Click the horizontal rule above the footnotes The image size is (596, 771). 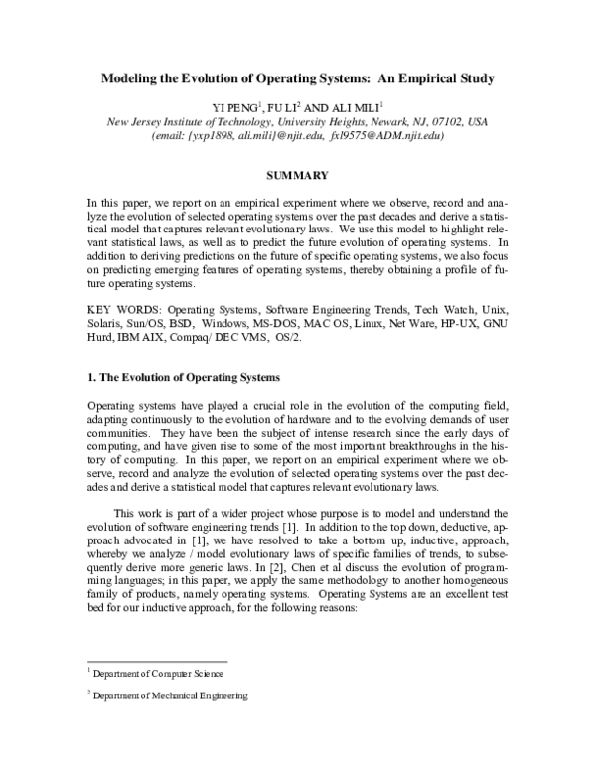[158, 661]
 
